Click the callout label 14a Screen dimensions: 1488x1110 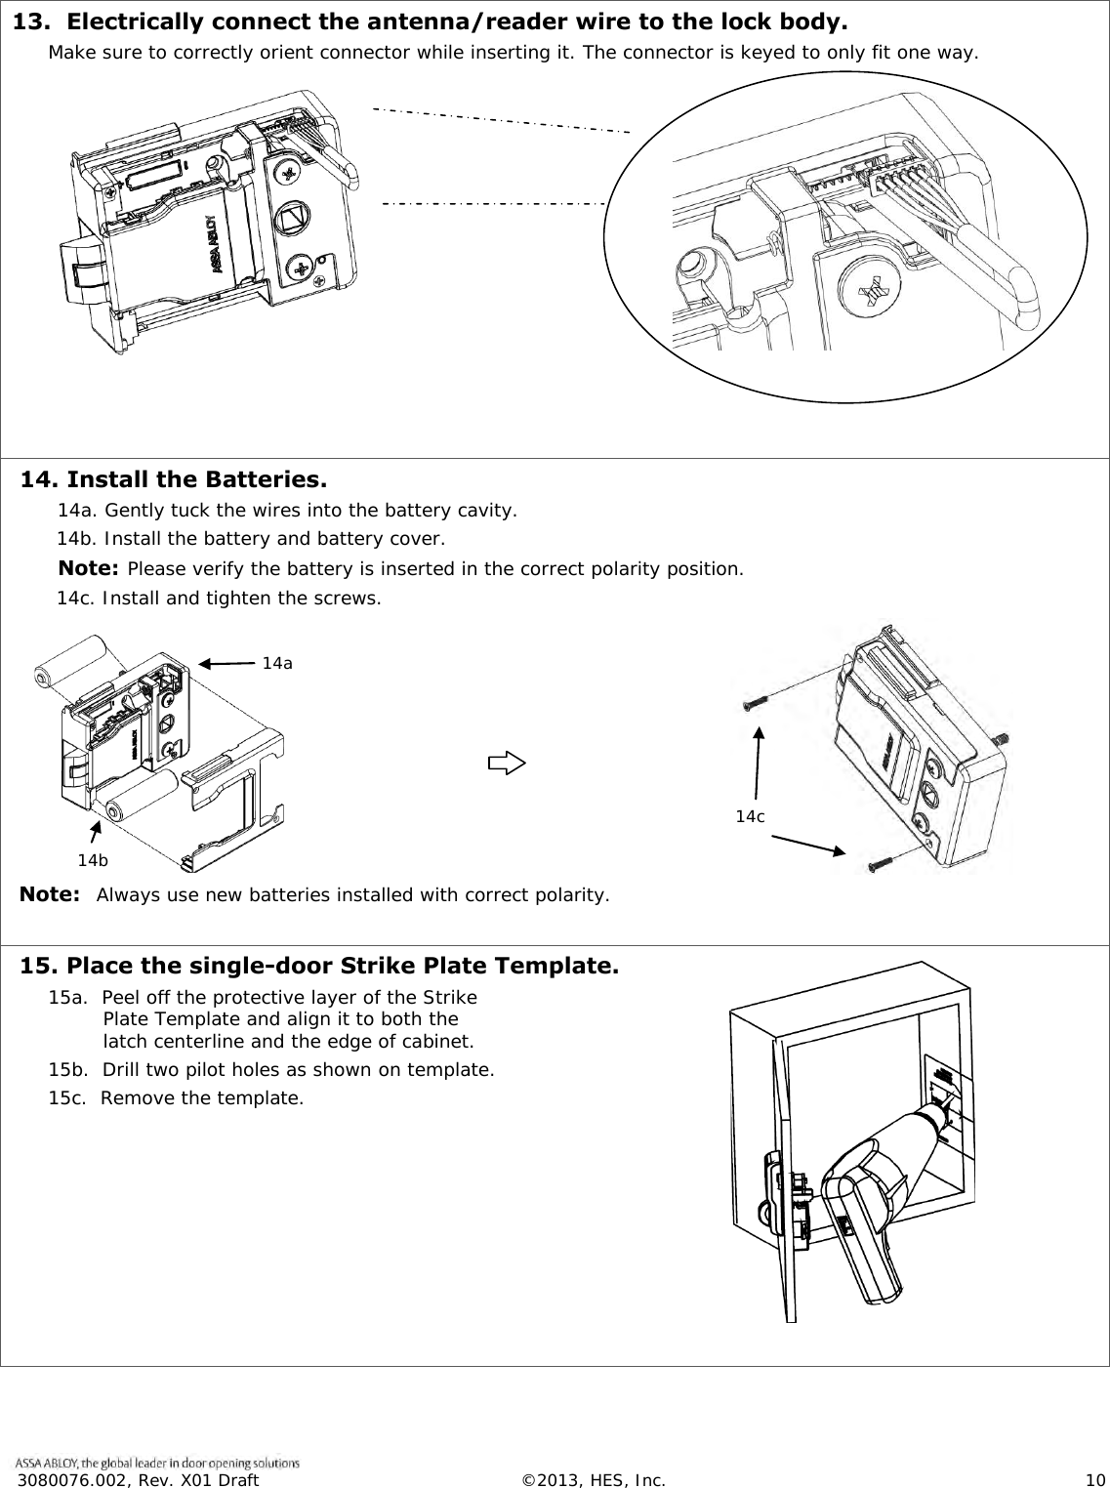click(277, 663)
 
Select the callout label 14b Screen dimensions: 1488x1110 click(93, 860)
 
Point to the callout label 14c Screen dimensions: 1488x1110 click(750, 816)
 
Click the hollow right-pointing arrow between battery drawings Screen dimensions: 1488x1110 click(506, 763)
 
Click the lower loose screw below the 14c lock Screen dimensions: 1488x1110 click(881, 861)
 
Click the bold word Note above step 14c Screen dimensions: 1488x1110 click(89, 568)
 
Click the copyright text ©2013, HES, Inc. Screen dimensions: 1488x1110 click(594, 1480)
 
